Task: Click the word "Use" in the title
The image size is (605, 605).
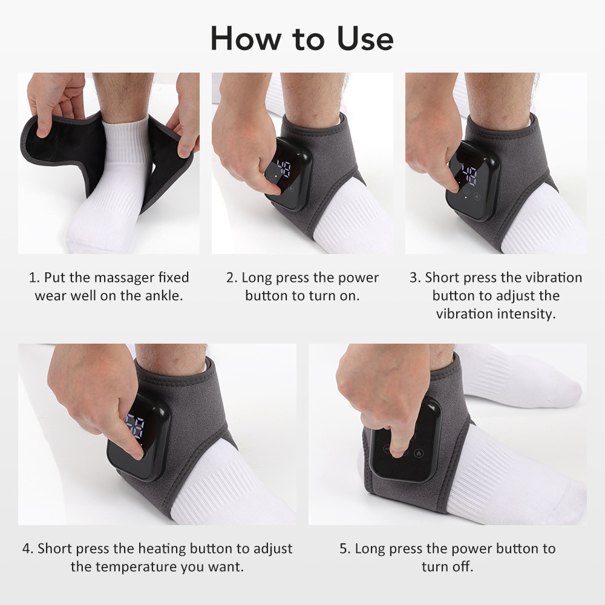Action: [361, 38]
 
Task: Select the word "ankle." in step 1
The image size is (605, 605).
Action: [163, 296]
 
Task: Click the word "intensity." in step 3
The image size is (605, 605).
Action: [526, 314]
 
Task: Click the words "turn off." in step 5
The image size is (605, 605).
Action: [447, 567]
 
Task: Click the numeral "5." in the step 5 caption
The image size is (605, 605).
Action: [345, 549]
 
